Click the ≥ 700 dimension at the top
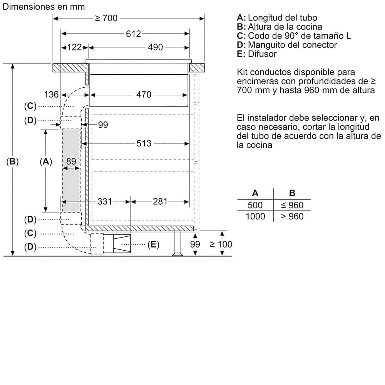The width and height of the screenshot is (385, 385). tap(106, 18)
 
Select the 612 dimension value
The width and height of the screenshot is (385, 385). tap(134, 34)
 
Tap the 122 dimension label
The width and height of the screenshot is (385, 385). tap(74, 47)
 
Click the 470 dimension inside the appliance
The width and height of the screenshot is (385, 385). tap(144, 94)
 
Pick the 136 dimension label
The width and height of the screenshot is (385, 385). tap(51, 94)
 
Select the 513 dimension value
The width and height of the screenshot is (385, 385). tap(144, 144)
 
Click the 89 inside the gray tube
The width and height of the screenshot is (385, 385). tap(71, 162)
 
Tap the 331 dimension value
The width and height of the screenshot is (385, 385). tap(104, 201)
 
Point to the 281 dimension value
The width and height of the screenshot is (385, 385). tap(160, 201)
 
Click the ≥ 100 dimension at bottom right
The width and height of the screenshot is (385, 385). tap(221, 244)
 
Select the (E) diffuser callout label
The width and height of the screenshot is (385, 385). tap(153, 244)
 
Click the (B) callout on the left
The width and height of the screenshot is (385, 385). tap(13, 162)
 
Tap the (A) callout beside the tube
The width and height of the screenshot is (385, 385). tap(46, 162)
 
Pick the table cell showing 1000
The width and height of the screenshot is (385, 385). tap(255, 216)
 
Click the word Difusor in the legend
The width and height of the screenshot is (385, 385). tap(262, 54)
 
